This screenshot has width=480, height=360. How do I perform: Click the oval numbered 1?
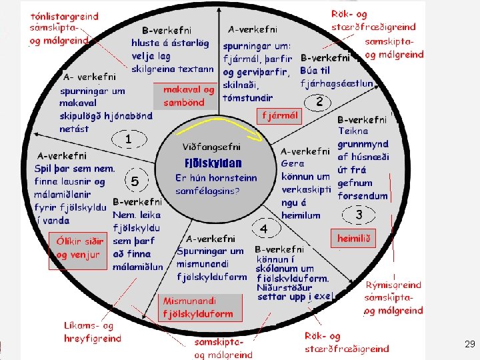pos(127,139)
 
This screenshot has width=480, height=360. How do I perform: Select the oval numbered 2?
pos(319,102)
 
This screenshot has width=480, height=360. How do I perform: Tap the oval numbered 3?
pos(359,215)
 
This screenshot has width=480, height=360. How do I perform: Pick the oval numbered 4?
pos(264,229)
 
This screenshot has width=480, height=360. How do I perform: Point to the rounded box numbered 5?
pos(135,181)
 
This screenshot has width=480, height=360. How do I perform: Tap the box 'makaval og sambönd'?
pos(189,96)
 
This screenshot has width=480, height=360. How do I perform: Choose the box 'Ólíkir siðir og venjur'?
pos(79,249)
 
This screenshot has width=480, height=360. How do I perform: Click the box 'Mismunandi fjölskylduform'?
pos(198,307)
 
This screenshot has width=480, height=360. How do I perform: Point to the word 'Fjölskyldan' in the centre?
pos(213,163)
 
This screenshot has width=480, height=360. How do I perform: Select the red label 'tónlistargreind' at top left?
pos(64,16)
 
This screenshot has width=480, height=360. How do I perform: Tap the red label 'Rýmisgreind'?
pos(393,285)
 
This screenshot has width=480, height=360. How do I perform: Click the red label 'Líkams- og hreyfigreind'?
pos(93,332)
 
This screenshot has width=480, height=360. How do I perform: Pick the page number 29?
pos(469,344)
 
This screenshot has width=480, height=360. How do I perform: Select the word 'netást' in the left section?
pos(74,129)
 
